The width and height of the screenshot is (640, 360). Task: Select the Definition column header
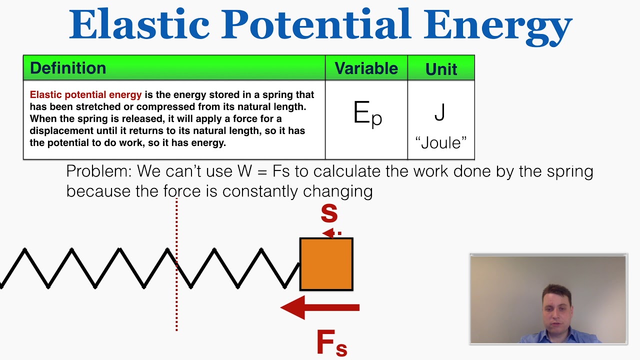(68, 68)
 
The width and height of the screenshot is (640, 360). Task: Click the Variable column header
(366, 68)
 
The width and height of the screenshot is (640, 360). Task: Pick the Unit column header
(441, 69)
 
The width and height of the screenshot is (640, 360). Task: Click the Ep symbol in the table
(367, 114)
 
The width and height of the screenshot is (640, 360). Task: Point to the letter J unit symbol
(440, 112)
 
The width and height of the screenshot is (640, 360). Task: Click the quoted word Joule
(441, 143)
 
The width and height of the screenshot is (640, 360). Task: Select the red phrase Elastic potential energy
(85, 94)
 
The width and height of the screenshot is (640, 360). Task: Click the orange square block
(326, 264)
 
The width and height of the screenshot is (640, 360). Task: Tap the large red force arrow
(320, 307)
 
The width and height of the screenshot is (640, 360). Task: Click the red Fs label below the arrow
(331, 343)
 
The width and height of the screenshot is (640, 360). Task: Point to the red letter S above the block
(329, 213)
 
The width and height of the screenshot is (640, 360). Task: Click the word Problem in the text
(98, 171)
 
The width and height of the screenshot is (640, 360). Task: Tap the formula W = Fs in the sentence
(263, 171)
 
